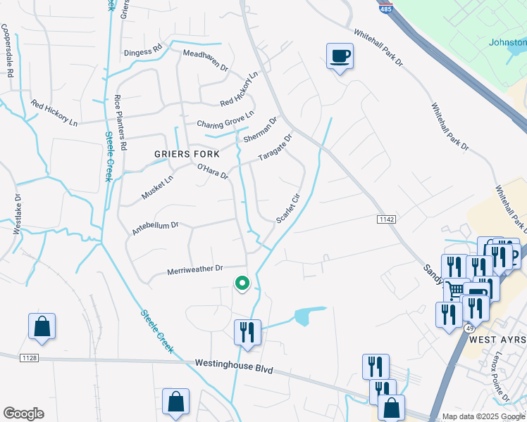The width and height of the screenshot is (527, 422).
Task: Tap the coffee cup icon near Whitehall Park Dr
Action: tap(340, 56)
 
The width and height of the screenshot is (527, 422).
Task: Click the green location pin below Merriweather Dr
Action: tap(242, 283)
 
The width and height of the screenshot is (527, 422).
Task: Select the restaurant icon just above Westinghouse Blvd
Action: tap(247, 331)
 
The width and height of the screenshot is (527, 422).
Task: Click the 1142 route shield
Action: tap(385, 220)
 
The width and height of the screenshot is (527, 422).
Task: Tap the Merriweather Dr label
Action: tap(195, 269)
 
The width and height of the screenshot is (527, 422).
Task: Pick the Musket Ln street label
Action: tap(158, 188)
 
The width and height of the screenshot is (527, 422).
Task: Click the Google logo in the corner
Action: tap(23, 414)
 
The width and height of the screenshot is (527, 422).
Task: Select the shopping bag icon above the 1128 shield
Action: tap(42, 327)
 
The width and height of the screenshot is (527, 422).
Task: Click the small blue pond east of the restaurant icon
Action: tap(306, 315)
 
